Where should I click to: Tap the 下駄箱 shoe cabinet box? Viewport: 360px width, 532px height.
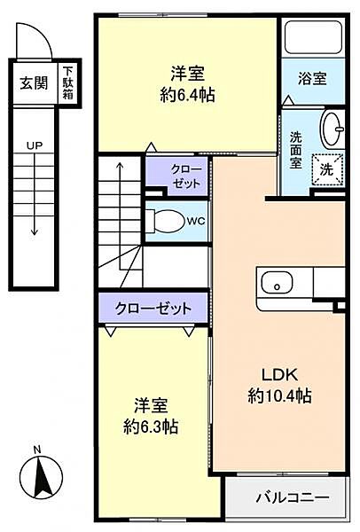[x=67, y=84]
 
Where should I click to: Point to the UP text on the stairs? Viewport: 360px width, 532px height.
[x=34, y=145]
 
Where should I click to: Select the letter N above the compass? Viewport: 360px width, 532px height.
[x=35, y=451]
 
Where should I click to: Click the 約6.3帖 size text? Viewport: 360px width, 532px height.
[x=149, y=426]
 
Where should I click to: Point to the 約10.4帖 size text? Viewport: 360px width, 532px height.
[x=279, y=395]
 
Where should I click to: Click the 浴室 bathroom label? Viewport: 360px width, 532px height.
[x=312, y=78]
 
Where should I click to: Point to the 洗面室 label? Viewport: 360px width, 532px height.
[x=296, y=151]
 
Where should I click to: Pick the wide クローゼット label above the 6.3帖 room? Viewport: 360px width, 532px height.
[x=153, y=309]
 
